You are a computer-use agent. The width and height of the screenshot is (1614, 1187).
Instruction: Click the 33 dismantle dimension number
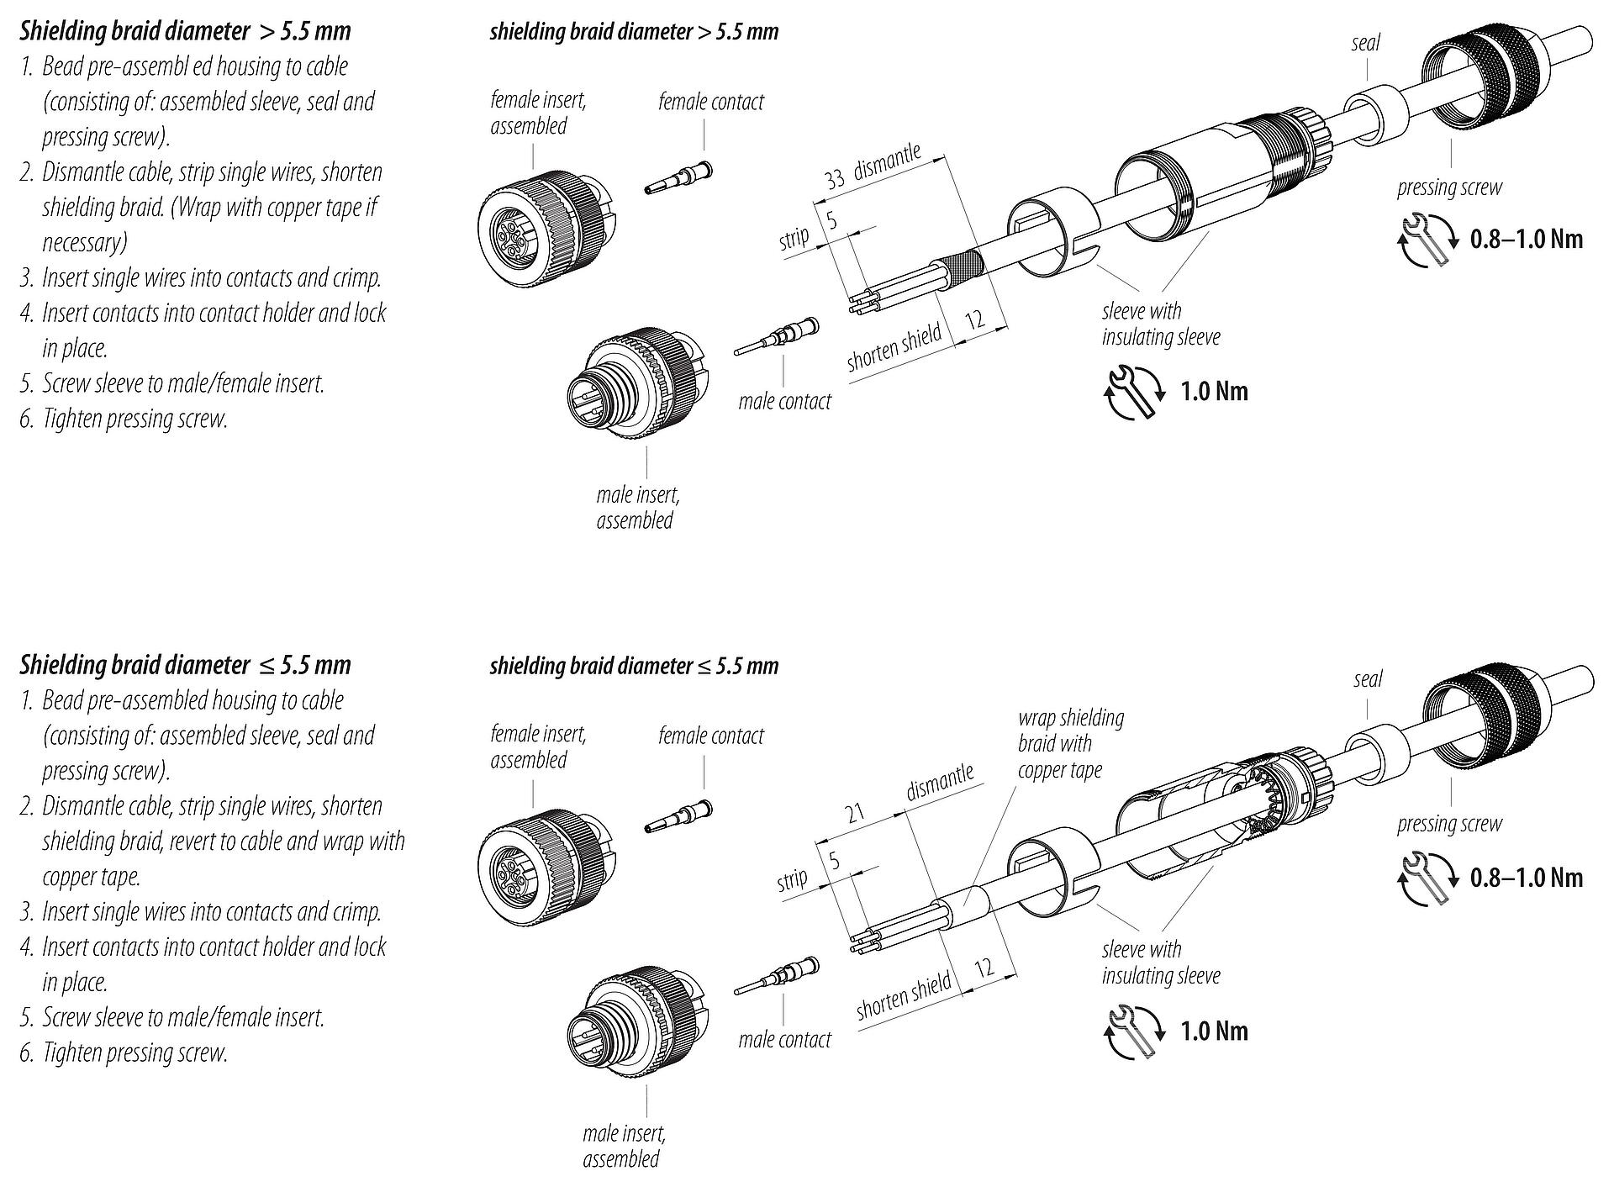click(x=834, y=179)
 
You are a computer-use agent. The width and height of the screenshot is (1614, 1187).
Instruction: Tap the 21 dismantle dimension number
click(x=855, y=813)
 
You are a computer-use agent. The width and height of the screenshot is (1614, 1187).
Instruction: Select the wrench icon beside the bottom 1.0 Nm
click(x=1134, y=1031)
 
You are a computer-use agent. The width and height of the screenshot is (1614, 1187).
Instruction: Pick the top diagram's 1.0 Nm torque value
click(x=1214, y=392)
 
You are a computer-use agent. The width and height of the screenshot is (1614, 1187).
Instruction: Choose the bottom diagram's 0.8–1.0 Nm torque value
click(x=1526, y=878)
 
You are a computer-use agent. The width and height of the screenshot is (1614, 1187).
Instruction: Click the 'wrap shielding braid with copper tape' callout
click(x=1070, y=744)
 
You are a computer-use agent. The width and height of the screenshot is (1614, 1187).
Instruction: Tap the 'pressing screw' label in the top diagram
click(x=1449, y=187)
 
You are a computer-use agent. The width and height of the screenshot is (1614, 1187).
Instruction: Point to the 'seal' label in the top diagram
click(x=1365, y=43)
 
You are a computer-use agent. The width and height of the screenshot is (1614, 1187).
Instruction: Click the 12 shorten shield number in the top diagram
click(x=975, y=320)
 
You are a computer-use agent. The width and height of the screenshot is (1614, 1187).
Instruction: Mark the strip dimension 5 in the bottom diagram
click(x=834, y=860)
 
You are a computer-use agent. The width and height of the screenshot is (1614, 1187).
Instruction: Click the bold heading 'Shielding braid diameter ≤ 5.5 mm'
click(x=185, y=666)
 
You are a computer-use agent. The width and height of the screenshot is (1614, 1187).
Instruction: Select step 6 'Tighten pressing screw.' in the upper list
click(x=134, y=419)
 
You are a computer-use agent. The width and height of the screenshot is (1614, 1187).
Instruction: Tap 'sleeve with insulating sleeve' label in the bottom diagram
click(x=1160, y=963)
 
